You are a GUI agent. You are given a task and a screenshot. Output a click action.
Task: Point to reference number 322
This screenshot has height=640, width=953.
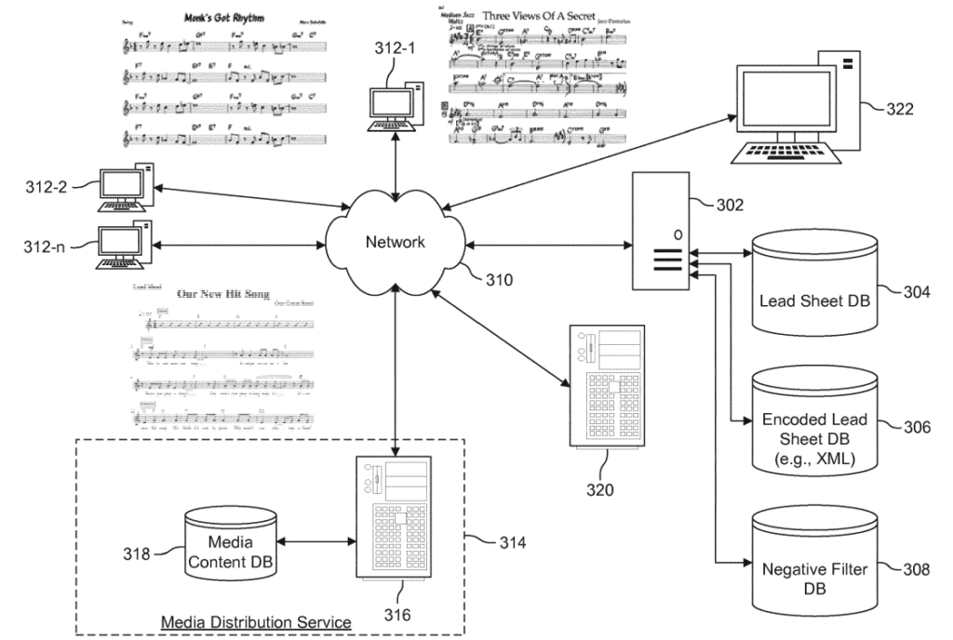pos(899,110)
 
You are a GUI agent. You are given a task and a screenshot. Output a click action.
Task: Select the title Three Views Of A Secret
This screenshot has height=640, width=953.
pos(551,16)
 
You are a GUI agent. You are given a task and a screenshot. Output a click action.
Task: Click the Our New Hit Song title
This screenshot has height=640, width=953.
pos(222,294)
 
